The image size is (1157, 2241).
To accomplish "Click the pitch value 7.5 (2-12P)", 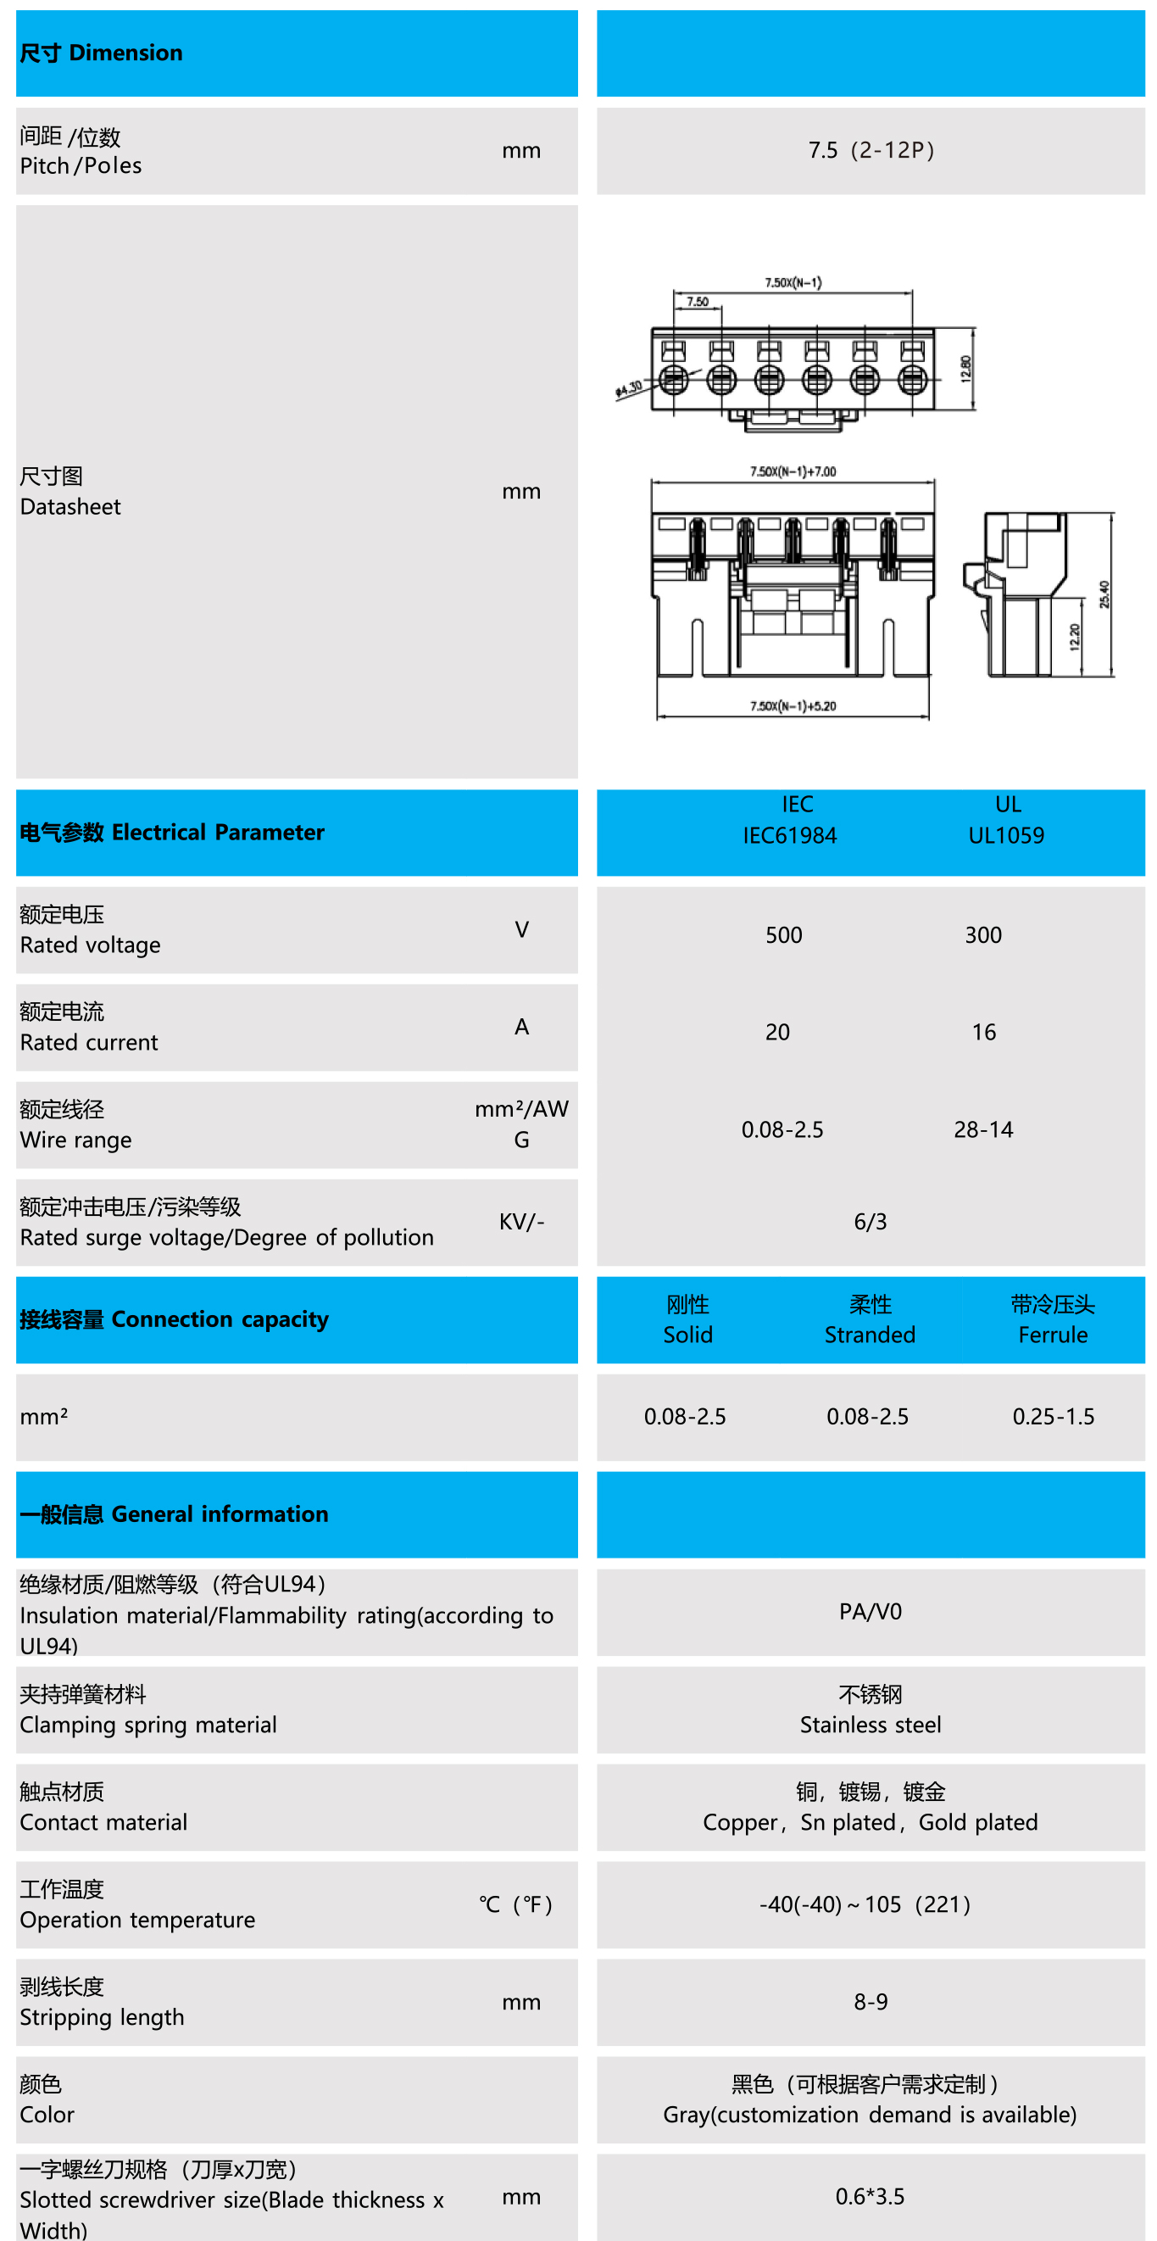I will tap(870, 150).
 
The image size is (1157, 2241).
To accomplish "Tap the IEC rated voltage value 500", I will tap(783, 935).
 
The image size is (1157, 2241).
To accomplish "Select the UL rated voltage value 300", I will tap(983, 935).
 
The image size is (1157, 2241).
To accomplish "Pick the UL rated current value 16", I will tap(983, 1033).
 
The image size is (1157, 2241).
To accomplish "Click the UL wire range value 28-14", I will tap(983, 1130).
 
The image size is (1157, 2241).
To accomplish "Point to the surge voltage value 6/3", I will tap(870, 1223).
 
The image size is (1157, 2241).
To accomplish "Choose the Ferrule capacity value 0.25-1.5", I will tap(1053, 1417).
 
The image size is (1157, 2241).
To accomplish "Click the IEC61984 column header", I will tap(789, 836).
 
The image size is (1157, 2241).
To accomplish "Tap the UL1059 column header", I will tap(1006, 836).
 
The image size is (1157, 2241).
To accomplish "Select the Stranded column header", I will tap(870, 1335).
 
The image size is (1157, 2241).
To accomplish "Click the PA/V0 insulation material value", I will tap(870, 1612).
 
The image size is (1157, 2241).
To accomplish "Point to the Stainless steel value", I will tap(870, 1725).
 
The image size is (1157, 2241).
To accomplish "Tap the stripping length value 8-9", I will tap(870, 2002).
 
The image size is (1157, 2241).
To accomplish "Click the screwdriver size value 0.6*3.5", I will tap(870, 2197).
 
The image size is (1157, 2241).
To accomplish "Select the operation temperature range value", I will tap(865, 1904).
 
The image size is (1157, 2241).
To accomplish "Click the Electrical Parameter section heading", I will tap(171, 833).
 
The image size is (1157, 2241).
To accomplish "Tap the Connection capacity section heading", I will tap(174, 1319).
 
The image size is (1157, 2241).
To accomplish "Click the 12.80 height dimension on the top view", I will tap(965, 369).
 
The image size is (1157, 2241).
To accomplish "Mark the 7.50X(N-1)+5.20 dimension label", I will tap(793, 705).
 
